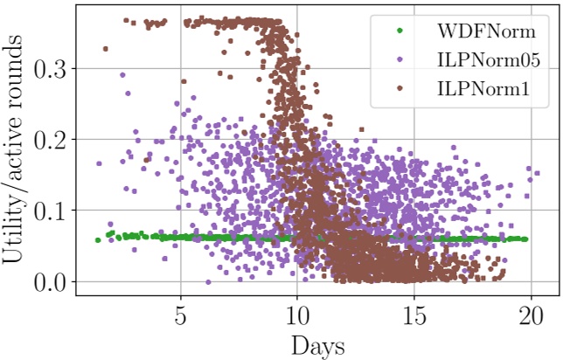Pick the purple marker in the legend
(x=400, y=60)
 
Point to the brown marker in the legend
(x=400, y=89)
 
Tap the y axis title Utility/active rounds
(x=17, y=151)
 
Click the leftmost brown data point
(x=106, y=49)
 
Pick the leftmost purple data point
(x=99, y=163)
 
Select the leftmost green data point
(x=98, y=239)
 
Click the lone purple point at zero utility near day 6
(x=208, y=281)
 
